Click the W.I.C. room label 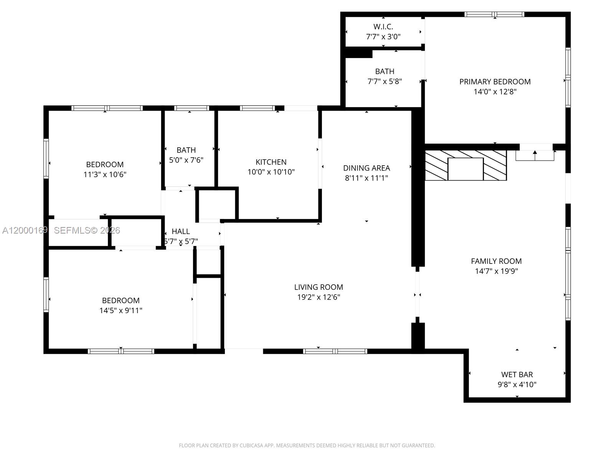coord(383,27)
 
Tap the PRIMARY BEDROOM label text coord(495,81)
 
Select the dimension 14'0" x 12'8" coord(495,92)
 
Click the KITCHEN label coord(271,162)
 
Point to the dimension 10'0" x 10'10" coord(271,172)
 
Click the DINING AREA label coord(366,168)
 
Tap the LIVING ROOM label coord(318,287)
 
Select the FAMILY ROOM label coord(496,261)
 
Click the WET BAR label coord(517,375)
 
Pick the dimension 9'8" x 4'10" coord(517,385)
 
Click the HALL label coord(180,231)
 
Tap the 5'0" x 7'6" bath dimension coord(186,160)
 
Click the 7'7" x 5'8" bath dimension coord(385,81)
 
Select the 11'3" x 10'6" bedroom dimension coord(105,174)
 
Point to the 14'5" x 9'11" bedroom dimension coord(120,310)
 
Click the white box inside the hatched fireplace coord(465,169)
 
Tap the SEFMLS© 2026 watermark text coord(87,230)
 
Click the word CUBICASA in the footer coord(251,446)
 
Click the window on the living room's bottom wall coord(335,351)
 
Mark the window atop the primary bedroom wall coord(494,15)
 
